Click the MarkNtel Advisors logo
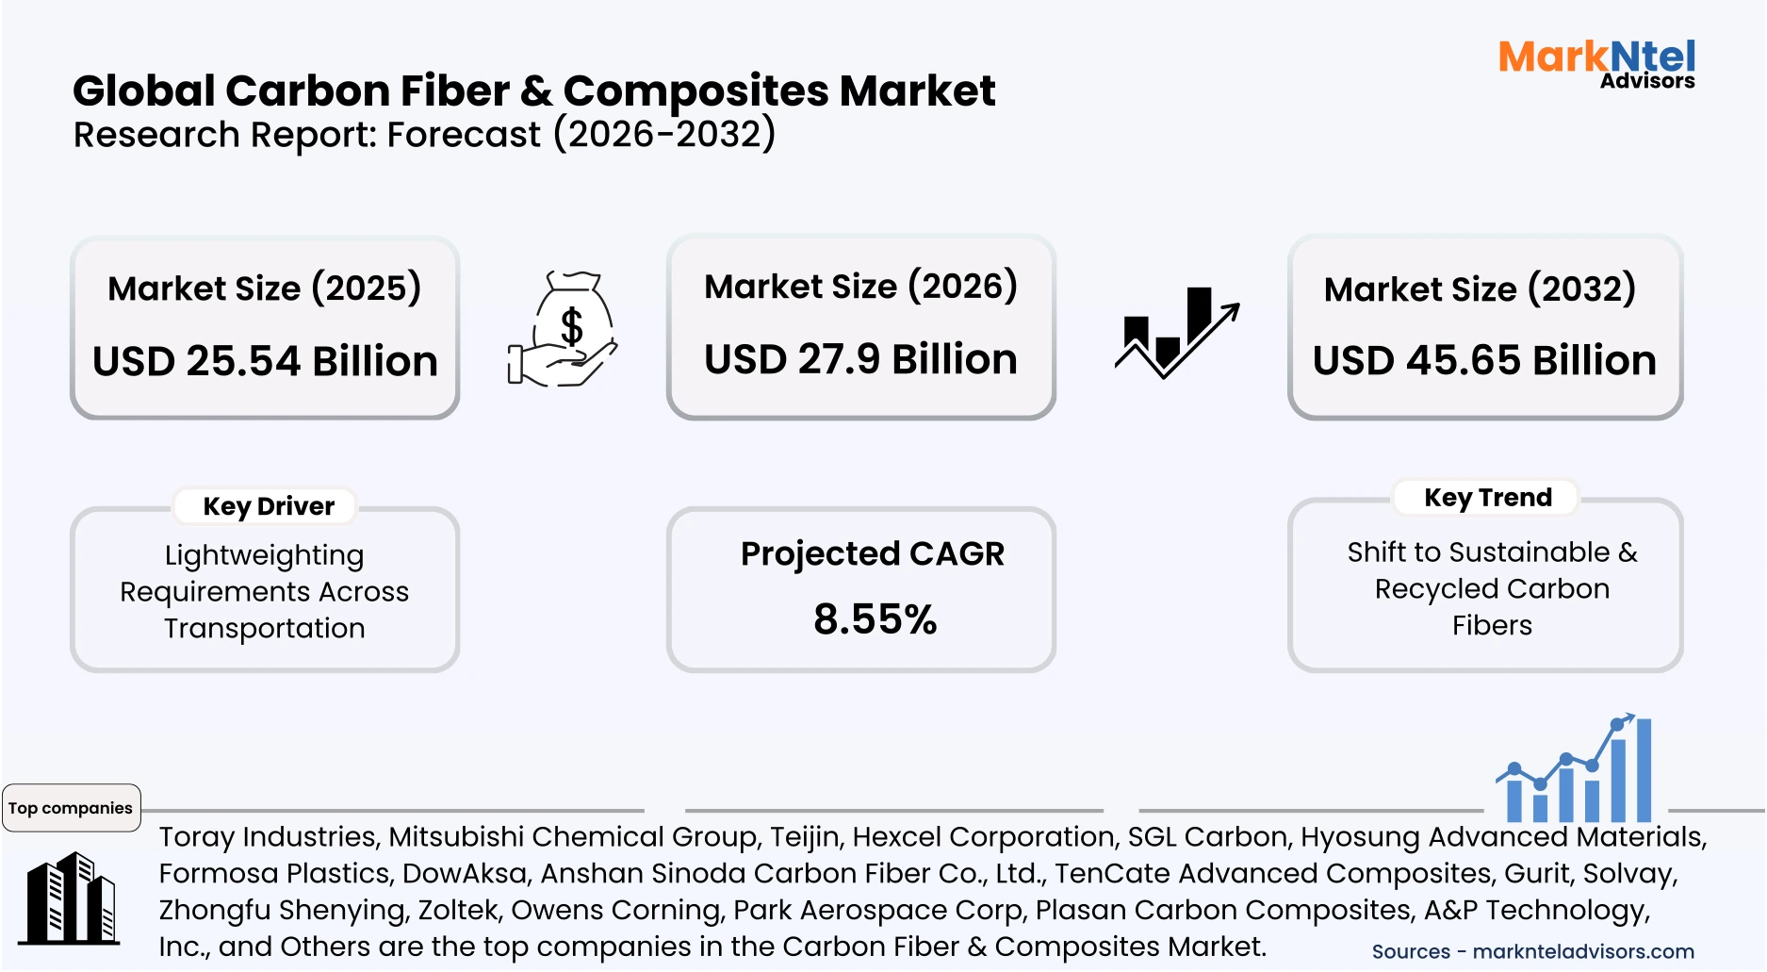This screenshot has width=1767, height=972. pos(1596,64)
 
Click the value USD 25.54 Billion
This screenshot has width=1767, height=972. pos(265,362)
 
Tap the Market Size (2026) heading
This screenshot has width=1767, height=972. pos(860,287)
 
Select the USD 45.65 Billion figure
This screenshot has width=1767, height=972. pos(1484,361)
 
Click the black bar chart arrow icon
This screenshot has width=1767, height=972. pos(1176,332)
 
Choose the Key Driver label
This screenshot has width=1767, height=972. pos(269,506)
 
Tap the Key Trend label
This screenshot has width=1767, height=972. pos(1487,497)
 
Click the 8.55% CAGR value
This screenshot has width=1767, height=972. pos(875,619)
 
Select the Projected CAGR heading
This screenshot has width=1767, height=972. pos(872,553)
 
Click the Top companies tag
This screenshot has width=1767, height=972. pos(71,808)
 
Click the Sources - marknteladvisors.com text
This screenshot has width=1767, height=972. pos(1532,951)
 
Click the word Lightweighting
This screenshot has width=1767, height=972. pos(264,555)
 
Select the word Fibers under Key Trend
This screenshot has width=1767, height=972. pos(1492,625)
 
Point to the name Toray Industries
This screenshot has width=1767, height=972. pos(268,836)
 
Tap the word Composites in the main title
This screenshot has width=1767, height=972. pos(695,92)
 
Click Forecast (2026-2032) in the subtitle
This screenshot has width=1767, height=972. pos(581,135)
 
